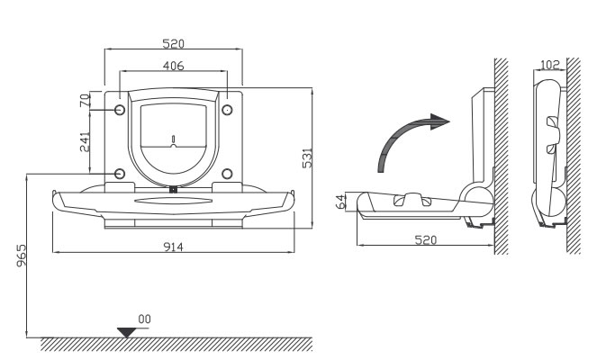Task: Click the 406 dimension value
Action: (173, 66)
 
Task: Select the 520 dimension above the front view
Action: (173, 44)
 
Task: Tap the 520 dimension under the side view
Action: (426, 240)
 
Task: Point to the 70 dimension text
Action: (86, 101)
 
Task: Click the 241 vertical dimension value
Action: (85, 142)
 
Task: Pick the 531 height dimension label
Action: (307, 157)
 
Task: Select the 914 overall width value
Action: (173, 247)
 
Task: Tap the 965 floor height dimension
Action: (22, 256)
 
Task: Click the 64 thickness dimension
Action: (340, 202)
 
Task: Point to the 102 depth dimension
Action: (550, 65)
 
